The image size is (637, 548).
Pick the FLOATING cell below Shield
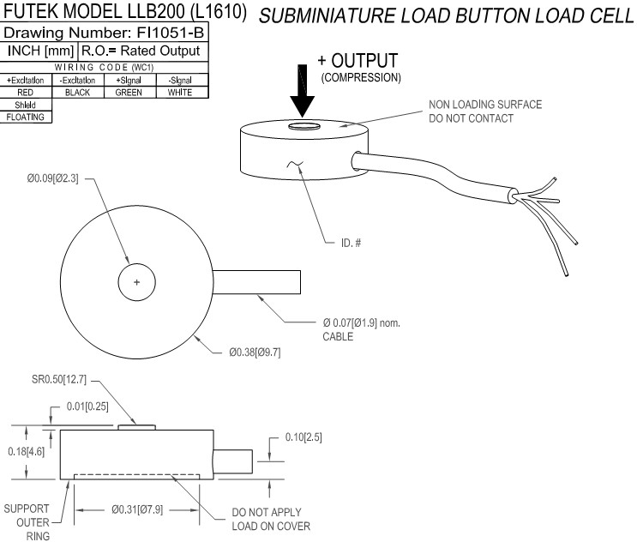26,117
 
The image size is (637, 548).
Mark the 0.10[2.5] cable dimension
303,437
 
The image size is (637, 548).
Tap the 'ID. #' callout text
351,243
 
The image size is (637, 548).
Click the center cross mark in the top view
135,282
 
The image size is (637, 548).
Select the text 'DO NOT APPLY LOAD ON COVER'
271,519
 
